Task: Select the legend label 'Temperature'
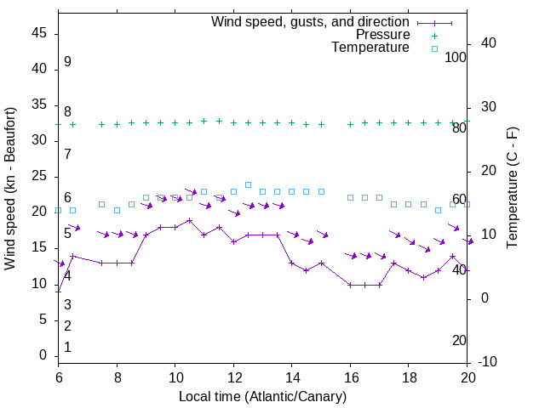[370, 48]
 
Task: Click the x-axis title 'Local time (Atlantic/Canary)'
[262, 396]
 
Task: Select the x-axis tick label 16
[350, 376]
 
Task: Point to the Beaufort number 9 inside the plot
[67, 62]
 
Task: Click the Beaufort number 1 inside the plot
[67, 347]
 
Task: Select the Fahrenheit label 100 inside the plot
[456, 58]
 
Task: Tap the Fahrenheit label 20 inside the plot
[459, 340]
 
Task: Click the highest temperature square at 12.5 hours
[248, 184]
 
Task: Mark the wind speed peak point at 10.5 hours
[189, 220]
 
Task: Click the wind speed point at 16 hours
[350, 285]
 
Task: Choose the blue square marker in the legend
[434, 48]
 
